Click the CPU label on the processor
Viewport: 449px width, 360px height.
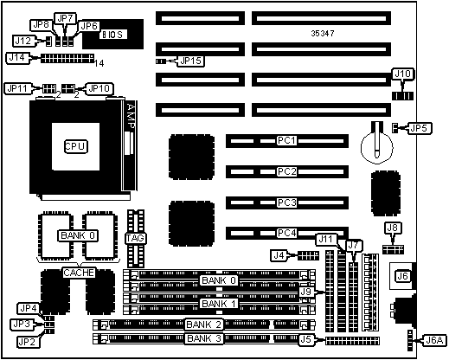75,146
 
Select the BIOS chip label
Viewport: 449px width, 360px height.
112,35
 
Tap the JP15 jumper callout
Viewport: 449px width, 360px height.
190,61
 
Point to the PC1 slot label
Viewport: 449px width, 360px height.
286,140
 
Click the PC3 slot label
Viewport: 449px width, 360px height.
286,202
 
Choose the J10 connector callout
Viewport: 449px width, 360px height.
403,74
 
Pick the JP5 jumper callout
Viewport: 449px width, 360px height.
420,128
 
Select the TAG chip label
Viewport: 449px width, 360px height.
135,238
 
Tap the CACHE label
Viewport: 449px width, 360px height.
79,273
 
